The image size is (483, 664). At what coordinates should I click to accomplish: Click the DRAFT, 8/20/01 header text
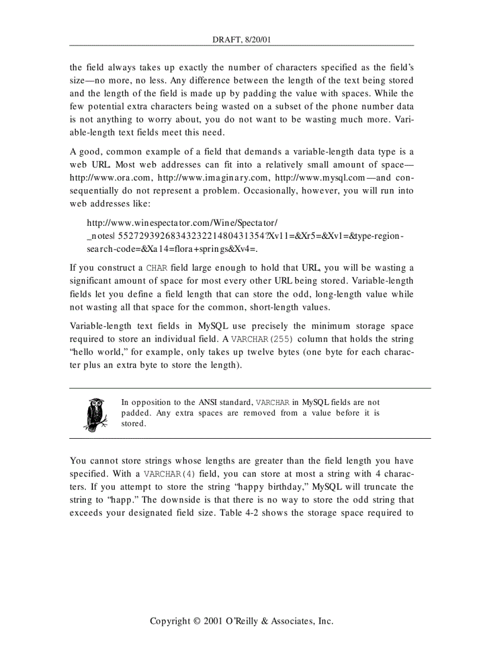[x=241, y=40]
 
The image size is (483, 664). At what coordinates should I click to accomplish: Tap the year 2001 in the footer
[x=214, y=621]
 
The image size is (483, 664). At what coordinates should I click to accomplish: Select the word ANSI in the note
[x=209, y=403]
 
